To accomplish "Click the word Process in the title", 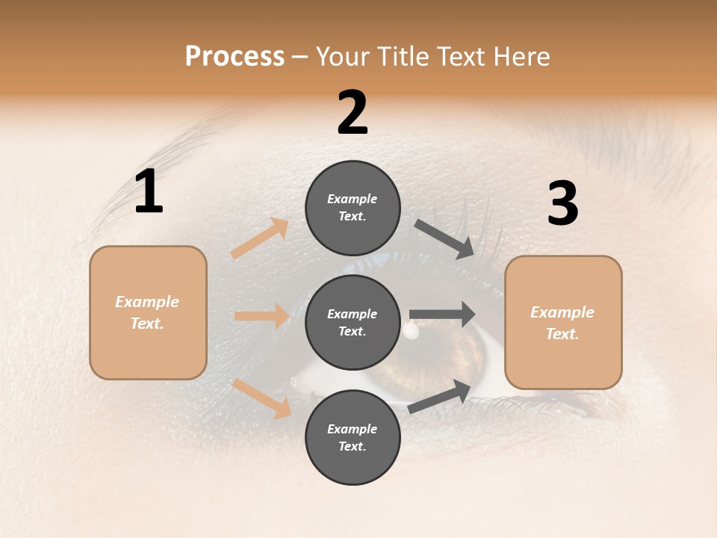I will (235, 57).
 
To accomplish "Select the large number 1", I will (149, 192).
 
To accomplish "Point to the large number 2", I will (353, 113).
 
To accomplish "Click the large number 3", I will (562, 204).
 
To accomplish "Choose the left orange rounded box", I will (148, 312).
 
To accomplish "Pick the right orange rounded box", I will (563, 323).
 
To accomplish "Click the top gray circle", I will (353, 208).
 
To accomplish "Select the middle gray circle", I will (353, 323).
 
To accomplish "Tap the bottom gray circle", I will (353, 438).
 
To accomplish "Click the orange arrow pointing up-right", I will (260, 238).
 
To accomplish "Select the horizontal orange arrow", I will (261, 316).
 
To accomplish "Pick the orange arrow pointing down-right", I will (262, 398).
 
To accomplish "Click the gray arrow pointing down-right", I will (445, 239).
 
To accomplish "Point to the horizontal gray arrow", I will (442, 315).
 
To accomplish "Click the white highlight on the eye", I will (410, 331).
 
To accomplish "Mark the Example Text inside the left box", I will (147, 312).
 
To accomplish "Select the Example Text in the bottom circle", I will (352, 438).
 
